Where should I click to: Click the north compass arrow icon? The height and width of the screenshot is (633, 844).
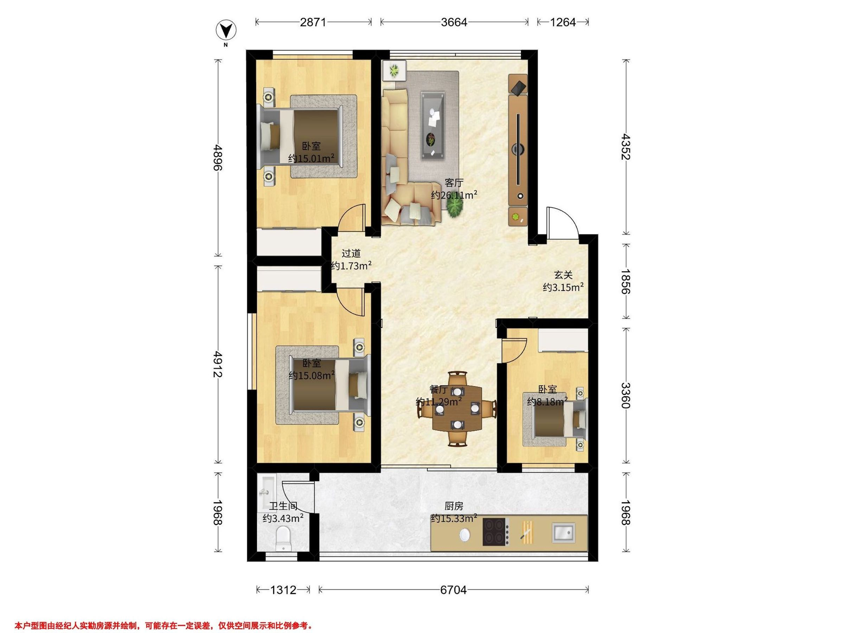pyautogui.click(x=226, y=30)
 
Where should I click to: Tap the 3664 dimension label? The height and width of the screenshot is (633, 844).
pyautogui.click(x=454, y=22)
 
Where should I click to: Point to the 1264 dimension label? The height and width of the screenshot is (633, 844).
pyautogui.click(x=563, y=22)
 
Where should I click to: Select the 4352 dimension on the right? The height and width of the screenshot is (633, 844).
pyautogui.click(x=626, y=147)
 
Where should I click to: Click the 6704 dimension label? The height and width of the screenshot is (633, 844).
pyautogui.click(x=453, y=590)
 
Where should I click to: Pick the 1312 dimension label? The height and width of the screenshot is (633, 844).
pyautogui.click(x=283, y=590)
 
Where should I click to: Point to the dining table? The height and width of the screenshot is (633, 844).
pyautogui.click(x=457, y=409)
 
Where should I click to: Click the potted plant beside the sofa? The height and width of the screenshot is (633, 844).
pyautogui.click(x=455, y=208)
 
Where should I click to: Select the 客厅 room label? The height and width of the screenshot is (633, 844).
pyautogui.click(x=454, y=183)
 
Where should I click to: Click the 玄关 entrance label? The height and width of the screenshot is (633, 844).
pyautogui.click(x=563, y=275)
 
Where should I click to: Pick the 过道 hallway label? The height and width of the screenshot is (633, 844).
pyautogui.click(x=351, y=253)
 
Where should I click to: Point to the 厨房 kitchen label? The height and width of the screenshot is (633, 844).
pyautogui.click(x=454, y=506)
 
